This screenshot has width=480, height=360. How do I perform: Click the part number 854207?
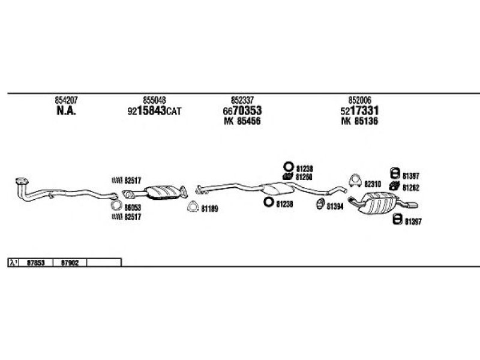(65, 100)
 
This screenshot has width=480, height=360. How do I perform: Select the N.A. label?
(65, 110)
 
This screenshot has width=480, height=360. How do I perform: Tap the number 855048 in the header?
(154, 100)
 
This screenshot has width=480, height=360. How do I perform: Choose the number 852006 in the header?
(359, 100)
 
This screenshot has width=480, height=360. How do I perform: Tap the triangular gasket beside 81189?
(193, 208)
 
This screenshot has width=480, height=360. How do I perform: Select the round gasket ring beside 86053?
(117, 207)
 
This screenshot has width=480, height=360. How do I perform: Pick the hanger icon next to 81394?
(320, 206)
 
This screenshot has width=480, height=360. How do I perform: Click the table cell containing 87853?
(35, 262)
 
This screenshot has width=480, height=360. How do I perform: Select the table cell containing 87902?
(71, 262)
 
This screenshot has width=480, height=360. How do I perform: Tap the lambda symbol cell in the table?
(13, 262)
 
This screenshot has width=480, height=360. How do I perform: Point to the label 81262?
(410, 188)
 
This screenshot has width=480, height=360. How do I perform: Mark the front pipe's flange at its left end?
(20, 181)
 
